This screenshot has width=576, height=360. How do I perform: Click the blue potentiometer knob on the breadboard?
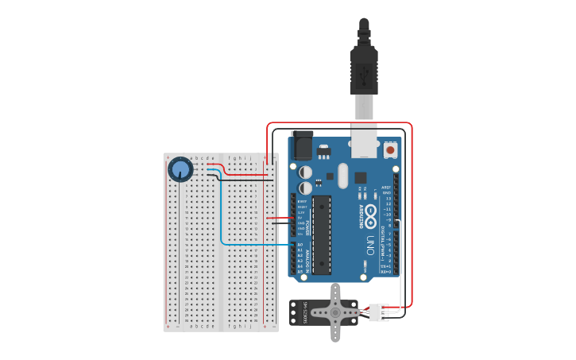(x=180, y=169)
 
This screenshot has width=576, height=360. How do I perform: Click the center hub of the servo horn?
(x=335, y=312)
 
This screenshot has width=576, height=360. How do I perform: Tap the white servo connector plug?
(x=378, y=312)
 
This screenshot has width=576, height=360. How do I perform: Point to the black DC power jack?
(x=302, y=145)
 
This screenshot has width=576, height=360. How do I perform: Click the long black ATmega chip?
(x=321, y=234)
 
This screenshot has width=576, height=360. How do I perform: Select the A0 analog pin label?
(x=300, y=244)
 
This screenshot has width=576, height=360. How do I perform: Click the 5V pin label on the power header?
(x=300, y=218)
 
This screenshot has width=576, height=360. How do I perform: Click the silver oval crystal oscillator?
(x=342, y=176)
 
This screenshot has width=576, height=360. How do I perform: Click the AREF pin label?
(x=387, y=188)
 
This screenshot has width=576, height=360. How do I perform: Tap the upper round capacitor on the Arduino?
(x=305, y=172)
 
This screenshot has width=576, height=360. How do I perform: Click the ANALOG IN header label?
(x=308, y=260)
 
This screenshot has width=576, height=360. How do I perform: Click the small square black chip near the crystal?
(x=361, y=178)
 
